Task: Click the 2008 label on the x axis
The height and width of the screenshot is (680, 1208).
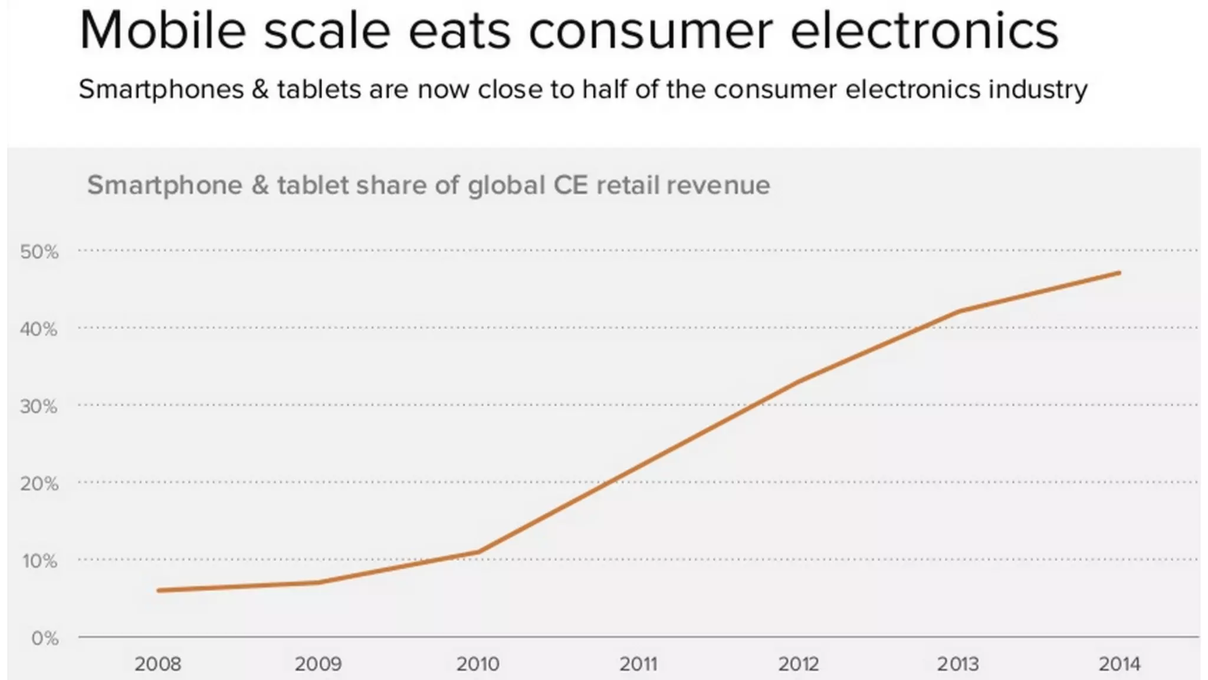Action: (x=157, y=664)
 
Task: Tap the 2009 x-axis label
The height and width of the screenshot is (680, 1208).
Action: (x=318, y=664)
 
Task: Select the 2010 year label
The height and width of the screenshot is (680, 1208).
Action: (x=478, y=664)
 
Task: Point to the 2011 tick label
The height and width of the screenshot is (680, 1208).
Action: (x=638, y=664)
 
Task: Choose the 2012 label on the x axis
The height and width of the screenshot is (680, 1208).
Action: (x=799, y=664)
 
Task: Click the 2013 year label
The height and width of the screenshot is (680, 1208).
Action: (x=958, y=664)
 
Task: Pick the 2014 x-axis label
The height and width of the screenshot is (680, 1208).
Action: (x=1119, y=664)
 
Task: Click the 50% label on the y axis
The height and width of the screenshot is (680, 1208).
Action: (x=40, y=252)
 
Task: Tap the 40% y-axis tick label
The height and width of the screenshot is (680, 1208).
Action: (x=40, y=329)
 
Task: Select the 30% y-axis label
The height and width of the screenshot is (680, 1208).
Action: (x=40, y=407)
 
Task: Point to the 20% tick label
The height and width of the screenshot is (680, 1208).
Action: (x=40, y=484)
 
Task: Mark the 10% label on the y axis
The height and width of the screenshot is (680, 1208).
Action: (x=40, y=561)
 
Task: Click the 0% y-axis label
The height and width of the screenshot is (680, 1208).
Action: (x=45, y=638)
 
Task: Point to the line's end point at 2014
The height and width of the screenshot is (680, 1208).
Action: (x=1119, y=273)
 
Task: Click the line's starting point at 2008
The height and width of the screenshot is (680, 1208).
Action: (x=159, y=590)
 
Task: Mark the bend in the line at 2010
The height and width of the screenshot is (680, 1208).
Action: (x=478, y=552)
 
